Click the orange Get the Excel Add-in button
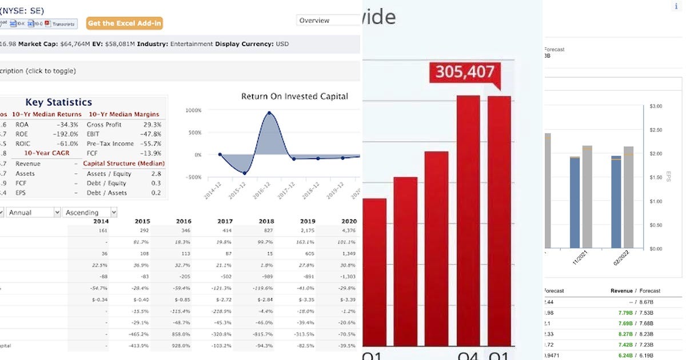(x=125, y=23)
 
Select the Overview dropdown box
(x=328, y=21)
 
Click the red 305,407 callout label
(x=465, y=71)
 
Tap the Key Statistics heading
(x=58, y=102)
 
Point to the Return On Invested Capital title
(x=294, y=97)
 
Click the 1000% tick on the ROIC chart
(x=194, y=110)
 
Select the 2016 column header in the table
(x=184, y=221)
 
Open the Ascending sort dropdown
(x=90, y=213)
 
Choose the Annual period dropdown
(x=33, y=213)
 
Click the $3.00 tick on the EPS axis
(x=656, y=106)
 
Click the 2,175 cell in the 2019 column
(x=308, y=231)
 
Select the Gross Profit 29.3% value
(x=152, y=124)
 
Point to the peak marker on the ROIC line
(x=269, y=113)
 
